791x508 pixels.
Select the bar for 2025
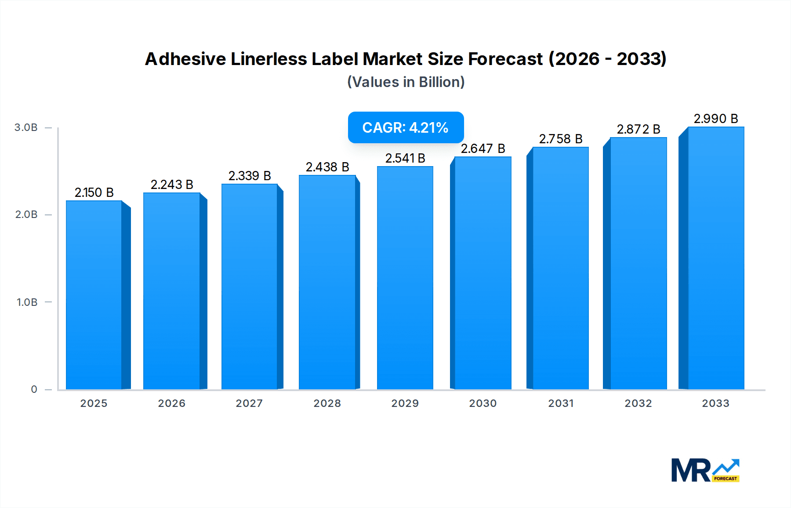click(x=94, y=294)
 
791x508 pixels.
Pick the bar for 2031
click(x=560, y=268)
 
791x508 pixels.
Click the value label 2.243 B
click(x=172, y=185)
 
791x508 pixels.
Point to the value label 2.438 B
click(x=327, y=167)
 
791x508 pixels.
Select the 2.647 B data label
click(x=483, y=149)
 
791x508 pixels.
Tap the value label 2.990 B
click(x=715, y=119)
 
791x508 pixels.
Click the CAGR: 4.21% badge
click(x=406, y=127)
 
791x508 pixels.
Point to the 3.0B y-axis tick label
click(x=26, y=127)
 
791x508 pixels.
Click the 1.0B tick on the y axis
click(x=27, y=302)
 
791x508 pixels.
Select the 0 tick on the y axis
click(x=34, y=389)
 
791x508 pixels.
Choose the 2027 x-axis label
click(x=249, y=403)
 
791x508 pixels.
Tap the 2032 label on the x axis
click(x=638, y=403)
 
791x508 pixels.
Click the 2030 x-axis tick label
click(x=483, y=403)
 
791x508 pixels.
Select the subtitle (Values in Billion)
click(x=406, y=82)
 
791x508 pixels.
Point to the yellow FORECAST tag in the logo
click(x=726, y=479)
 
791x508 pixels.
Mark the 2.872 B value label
click(x=638, y=129)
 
